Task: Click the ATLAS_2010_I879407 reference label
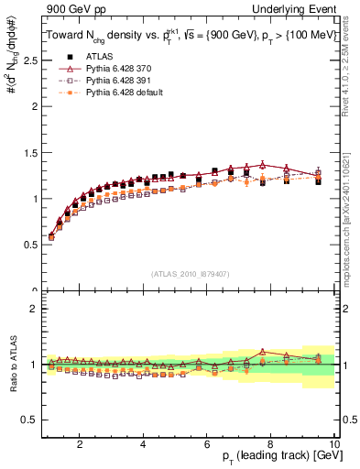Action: coord(191,274)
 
